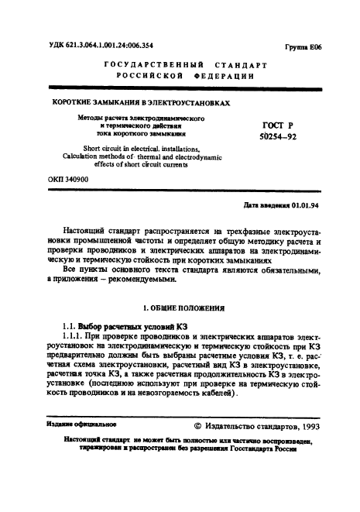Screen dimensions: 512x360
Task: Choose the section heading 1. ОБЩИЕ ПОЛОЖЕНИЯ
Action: point(179,308)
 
